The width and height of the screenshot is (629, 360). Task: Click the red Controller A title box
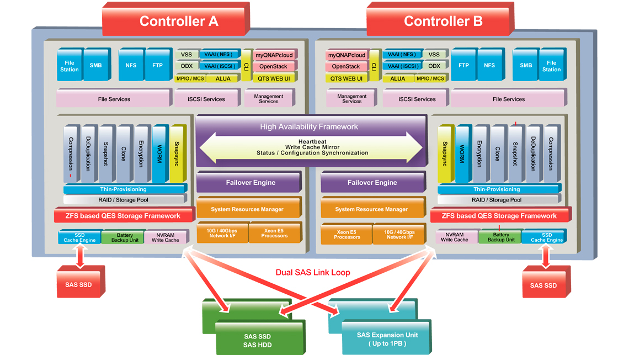pos(179,21)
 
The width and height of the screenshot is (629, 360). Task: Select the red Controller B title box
pos(443,21)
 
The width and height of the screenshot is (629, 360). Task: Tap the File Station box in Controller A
pos(70,66)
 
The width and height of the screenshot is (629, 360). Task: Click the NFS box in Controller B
pos(489,65)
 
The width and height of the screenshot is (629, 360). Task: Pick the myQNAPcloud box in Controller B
pos(347,55)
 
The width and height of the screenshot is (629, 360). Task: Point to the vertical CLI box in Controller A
pos(246,66)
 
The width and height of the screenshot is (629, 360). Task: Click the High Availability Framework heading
pos(309,126)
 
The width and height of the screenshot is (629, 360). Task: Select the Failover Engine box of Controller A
pos(250,183)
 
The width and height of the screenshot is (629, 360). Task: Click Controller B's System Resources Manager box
pos(371,209)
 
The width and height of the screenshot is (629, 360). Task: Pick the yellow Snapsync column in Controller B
pos(445,154)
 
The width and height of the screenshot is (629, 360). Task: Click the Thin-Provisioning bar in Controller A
pos(124,189)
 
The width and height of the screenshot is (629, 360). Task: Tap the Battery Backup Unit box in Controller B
pos(501,237)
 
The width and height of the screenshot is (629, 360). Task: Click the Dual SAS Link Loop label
pos(313,273)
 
